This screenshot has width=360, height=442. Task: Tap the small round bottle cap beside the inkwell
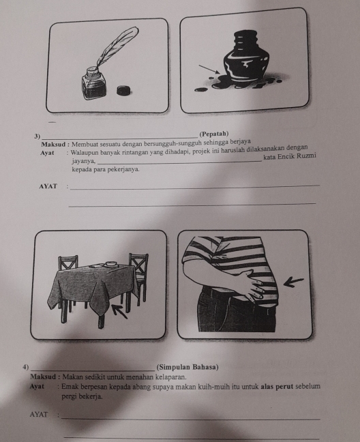pos(124,90)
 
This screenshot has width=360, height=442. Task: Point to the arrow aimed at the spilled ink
pos(209,69)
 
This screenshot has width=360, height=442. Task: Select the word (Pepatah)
pos(214,134)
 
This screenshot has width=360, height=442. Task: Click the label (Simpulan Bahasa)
pos(187,367)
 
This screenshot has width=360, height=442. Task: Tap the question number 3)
pos(37,136)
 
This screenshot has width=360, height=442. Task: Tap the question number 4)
pos(26,367)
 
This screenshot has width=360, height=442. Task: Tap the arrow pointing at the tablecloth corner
pos(119,311)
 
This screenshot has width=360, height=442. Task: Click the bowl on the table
pos(110,264)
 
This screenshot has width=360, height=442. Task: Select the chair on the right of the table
pos(138,279)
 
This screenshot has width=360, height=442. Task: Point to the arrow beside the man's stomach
pos(293,282)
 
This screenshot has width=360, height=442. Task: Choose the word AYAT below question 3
pos(48,186)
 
